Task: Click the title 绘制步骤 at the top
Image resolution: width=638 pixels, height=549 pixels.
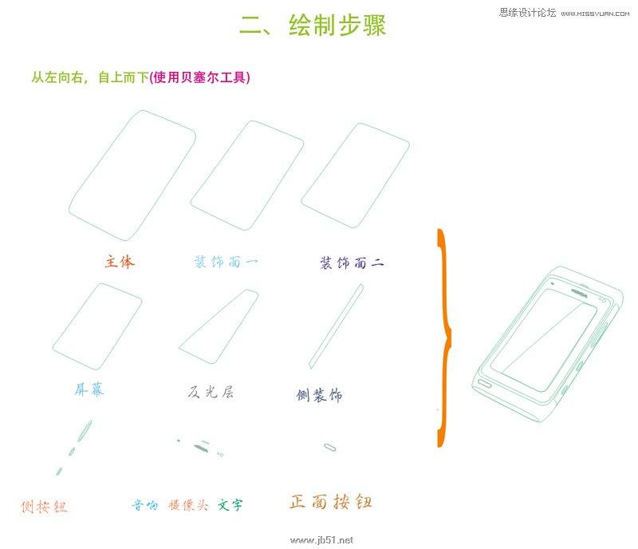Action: [x=337, y=26]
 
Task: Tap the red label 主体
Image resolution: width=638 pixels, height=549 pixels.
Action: [x=120, y=262]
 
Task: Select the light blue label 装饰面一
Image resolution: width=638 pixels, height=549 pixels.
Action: [x=226, y=262]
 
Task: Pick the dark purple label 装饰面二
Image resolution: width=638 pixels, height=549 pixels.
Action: [x=352, y=263]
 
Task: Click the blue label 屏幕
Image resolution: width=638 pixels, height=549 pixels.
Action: [x=89, y=389]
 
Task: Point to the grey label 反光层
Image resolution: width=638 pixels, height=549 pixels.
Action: [x=211, y=392]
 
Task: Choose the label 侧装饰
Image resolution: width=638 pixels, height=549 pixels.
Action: [x=320, y=395]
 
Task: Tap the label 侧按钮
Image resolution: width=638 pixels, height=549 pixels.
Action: [x=44, y=507]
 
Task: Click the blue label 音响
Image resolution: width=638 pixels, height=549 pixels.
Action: [x=145, y=505]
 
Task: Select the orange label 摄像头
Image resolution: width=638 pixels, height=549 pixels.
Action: [x=188, y=505]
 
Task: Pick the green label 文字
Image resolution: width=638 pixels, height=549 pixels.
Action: [x=230, y=505]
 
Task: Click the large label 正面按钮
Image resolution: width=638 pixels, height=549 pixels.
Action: [x=330, y=502]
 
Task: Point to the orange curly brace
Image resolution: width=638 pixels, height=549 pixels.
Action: [x=446, y=338]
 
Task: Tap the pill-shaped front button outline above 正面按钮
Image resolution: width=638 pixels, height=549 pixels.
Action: [x=330, y=448]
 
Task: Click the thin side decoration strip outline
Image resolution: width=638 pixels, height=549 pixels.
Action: [x=336, y=326]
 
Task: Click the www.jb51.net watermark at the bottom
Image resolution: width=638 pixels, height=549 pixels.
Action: [x=321, y=540]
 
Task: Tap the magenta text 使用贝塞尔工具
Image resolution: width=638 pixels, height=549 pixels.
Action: [x=200, y=77]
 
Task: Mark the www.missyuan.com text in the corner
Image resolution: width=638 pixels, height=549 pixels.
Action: [x=595, y=14]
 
